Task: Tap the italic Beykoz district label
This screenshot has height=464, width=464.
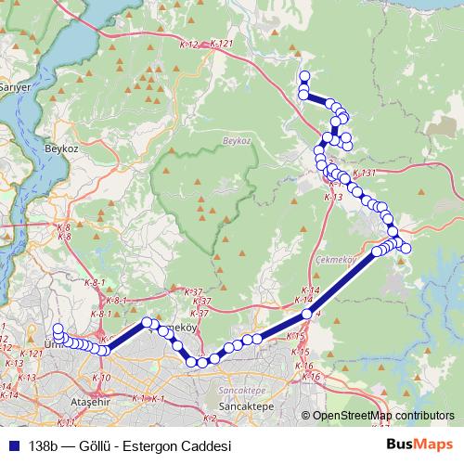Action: pyautogui.click(x=238, y=140)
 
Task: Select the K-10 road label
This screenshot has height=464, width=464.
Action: pyautogui.click(x=102, y=378)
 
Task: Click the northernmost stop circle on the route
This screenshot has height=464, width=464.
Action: pyautogui.click(x=303, y=76)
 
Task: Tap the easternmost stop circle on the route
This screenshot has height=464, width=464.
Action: pyautogui.click(x=406, y=247)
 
